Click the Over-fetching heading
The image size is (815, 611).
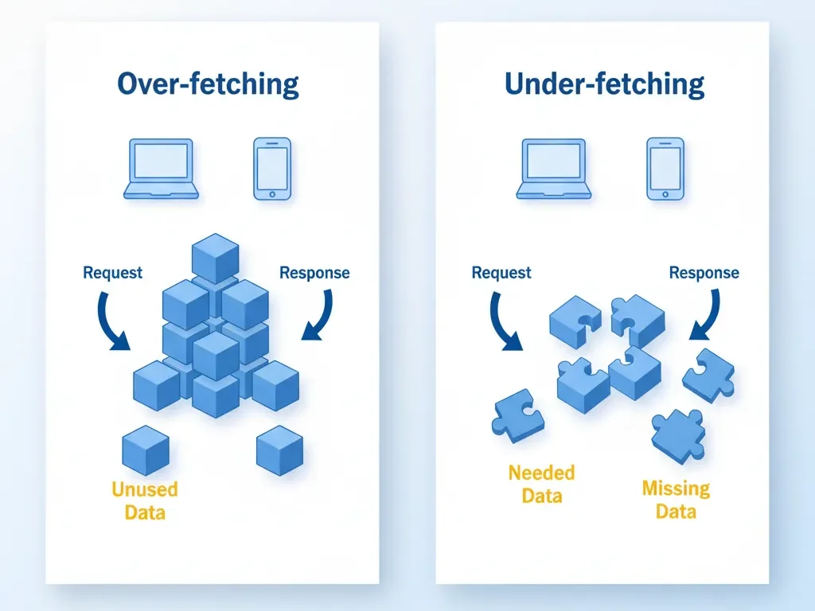click(208, 84)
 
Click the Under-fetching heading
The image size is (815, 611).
click(604, 84)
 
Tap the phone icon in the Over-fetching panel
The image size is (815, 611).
click(271, 169)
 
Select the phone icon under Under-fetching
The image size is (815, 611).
click(665, 169)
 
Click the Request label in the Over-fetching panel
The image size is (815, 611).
click(112, 273)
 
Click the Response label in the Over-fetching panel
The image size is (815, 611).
click(314, 273)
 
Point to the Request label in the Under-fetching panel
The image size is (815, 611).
click(501, 273)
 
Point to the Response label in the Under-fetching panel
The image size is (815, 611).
click(704, 273)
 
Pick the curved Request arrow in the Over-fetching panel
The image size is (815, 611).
click(112, 322)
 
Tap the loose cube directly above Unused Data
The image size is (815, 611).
click(146, 449)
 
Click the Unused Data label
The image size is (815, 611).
click(145, 500)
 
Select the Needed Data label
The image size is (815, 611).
click(541, 485)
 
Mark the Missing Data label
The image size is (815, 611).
click(676, 499)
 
